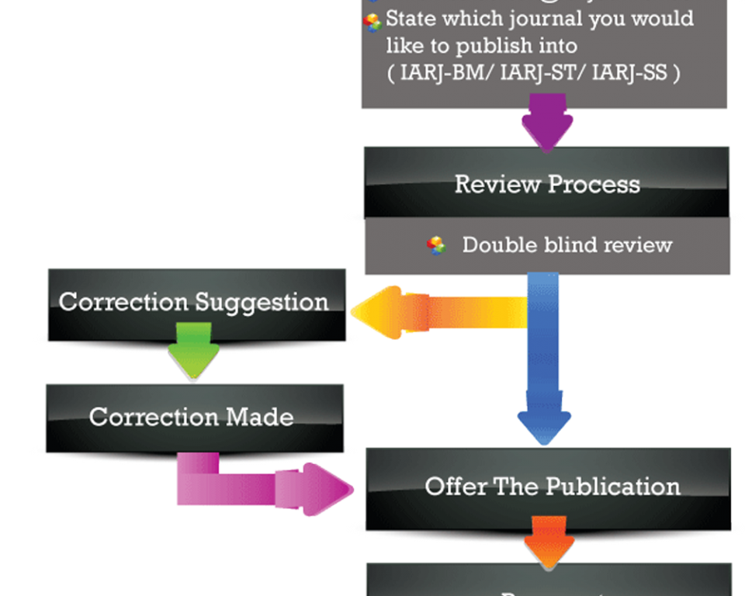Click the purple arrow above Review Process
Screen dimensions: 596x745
click(x=547, y=121)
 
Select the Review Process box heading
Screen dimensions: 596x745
click(x=547, y=184)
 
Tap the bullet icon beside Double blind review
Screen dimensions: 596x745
click(x=437, y=245)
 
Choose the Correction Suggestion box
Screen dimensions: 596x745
click(x=195, y=302)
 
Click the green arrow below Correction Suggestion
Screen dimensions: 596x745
click(x=194, y=350)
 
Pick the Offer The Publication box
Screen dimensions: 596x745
click(x=552, y=487)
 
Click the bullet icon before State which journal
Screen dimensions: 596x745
click(x=373, y=21)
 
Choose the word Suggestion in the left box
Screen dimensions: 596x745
click(x=262, y=302)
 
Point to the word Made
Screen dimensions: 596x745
click(x=260, y=417)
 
